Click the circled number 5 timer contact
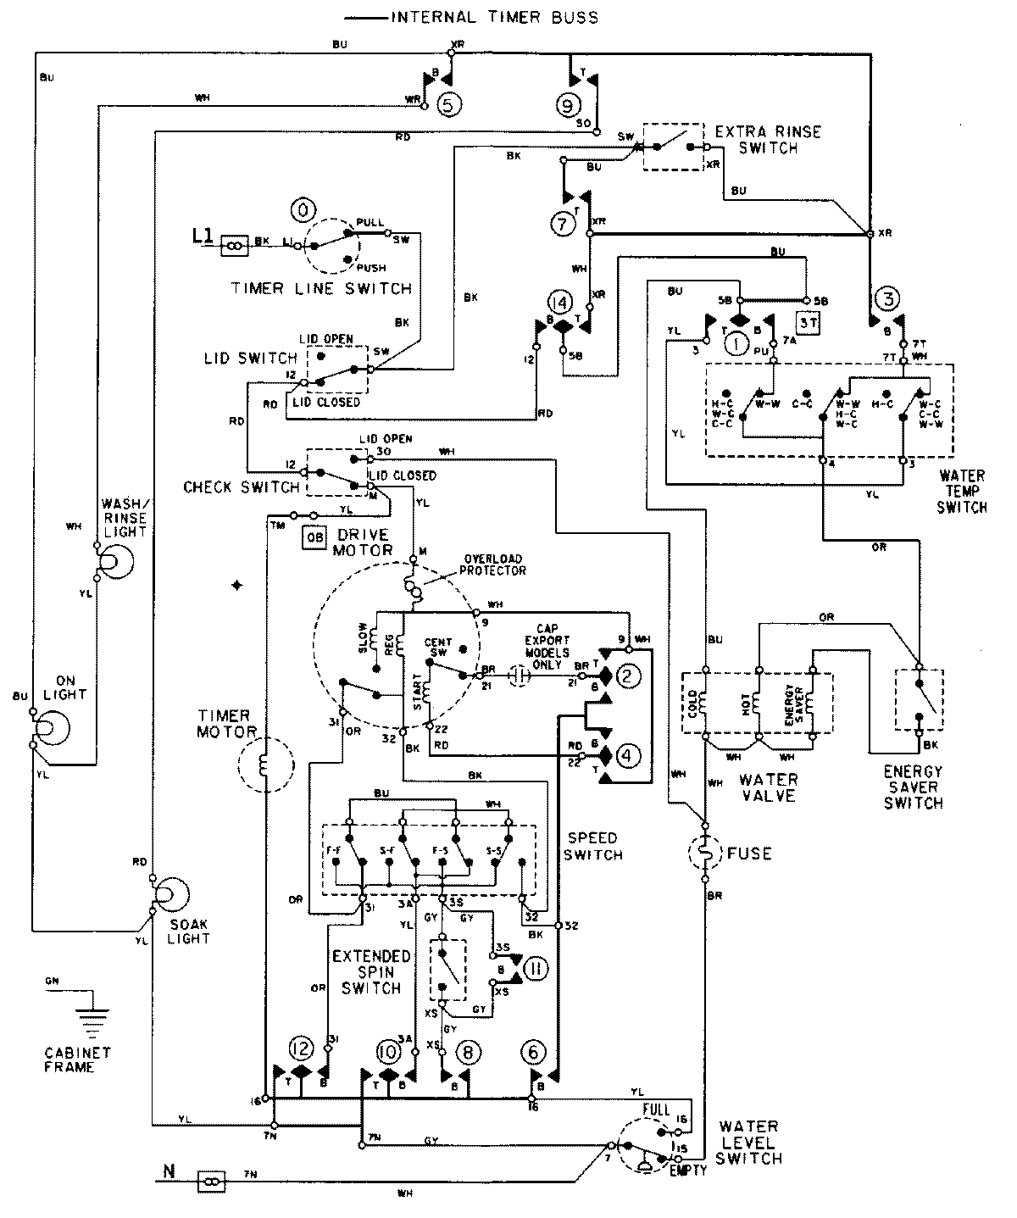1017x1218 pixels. (450, 103)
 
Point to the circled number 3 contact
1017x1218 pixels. (887, 298)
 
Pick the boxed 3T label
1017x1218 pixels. (806, 323)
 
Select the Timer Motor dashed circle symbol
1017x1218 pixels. (264, 765)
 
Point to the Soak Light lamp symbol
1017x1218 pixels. (168, 895)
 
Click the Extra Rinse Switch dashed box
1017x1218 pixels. (673, 146)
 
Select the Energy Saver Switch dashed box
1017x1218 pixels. (920, 699)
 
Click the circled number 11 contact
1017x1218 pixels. (536, 968)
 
